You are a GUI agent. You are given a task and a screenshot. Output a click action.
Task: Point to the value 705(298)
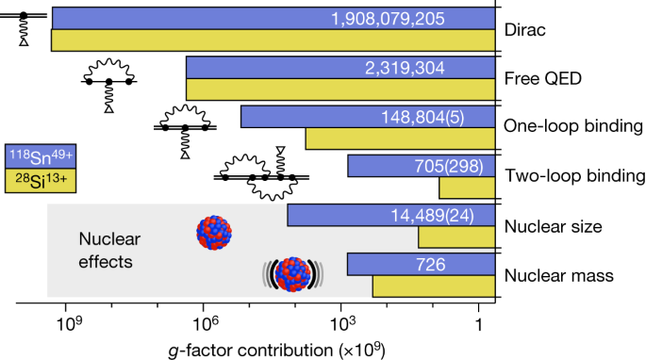449,167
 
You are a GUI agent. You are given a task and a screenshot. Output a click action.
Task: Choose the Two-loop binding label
569,176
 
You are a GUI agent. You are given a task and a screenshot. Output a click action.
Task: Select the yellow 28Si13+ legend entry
38,179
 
